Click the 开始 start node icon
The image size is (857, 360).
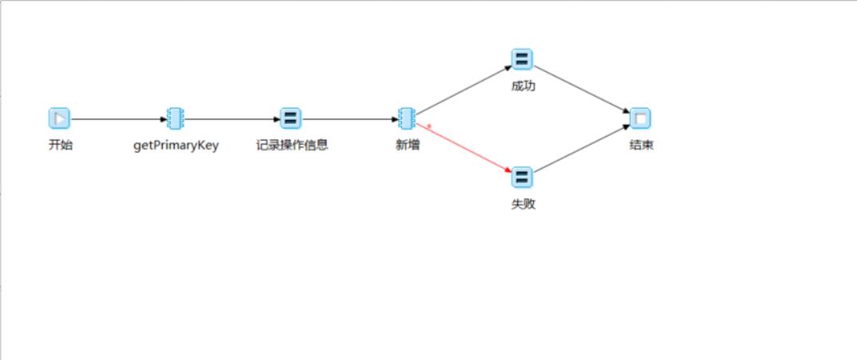[59, 119]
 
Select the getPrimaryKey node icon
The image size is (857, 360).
[176, 119]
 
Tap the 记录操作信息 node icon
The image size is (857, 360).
[290, 119]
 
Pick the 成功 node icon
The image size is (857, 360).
[522, 60]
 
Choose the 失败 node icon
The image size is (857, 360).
[522, 177]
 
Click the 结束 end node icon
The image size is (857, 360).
[640, 119]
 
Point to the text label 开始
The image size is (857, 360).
[60, 145]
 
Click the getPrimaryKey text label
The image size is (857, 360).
[176, 145]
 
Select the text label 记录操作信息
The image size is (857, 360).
[291, 145]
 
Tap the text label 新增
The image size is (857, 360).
[408, 145]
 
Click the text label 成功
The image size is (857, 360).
[523, 86]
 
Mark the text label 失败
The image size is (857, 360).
[523, 204]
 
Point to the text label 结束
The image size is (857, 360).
[641, 145]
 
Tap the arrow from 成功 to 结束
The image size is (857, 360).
[581, 89]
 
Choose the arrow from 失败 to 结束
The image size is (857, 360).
[581, 148]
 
